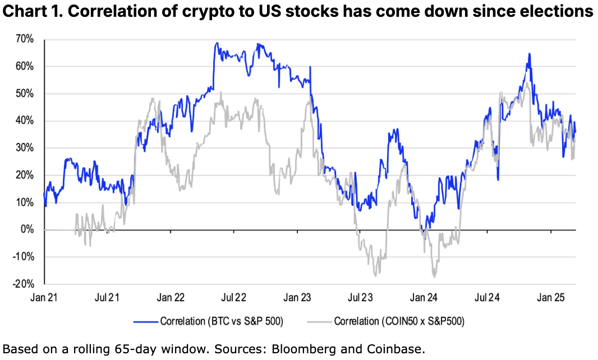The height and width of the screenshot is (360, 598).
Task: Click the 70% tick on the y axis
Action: coord(26,39)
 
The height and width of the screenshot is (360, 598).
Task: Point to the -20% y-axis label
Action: coord(24,284)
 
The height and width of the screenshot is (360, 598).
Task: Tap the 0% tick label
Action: coord(28,230)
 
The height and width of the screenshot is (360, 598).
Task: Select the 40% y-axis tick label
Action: coord(26,121)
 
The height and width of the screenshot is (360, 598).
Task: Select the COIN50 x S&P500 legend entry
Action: coord(398,321)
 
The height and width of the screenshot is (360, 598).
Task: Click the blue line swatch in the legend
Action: coord(145,322)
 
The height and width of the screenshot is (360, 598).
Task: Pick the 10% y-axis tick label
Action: coord(26,202)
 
